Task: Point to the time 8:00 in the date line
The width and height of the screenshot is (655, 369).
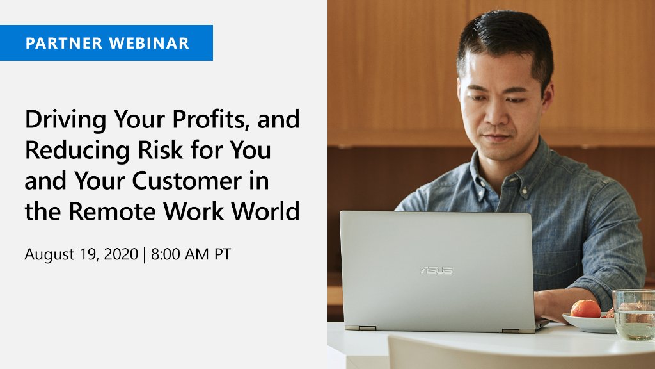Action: [x=166, y=254]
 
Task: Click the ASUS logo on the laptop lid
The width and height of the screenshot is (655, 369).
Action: [x=436, y=270]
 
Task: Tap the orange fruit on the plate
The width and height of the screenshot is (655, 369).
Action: [x=585, y=309]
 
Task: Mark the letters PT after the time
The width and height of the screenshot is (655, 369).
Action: [x=222, y=254]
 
